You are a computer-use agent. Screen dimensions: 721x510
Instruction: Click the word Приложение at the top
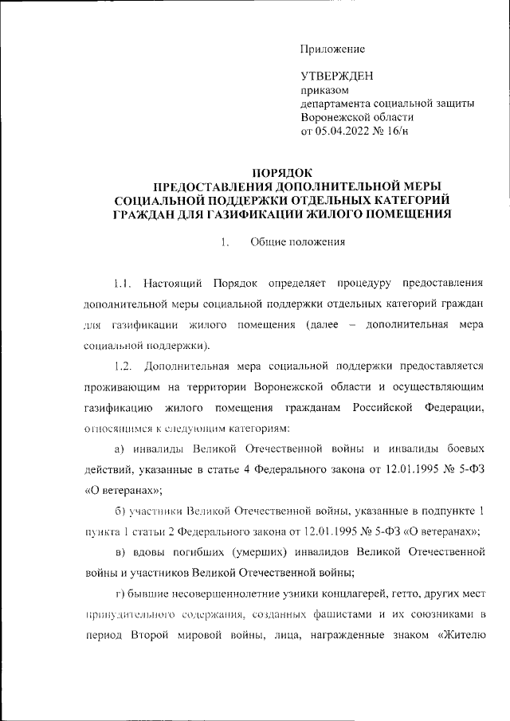[332, 49]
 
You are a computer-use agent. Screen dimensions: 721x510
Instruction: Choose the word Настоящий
[173, 283]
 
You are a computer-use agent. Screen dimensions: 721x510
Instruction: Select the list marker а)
[120, 449]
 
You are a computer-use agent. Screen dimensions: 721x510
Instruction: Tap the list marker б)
[120, 511]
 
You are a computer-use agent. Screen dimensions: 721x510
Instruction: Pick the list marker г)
[120, 594]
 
